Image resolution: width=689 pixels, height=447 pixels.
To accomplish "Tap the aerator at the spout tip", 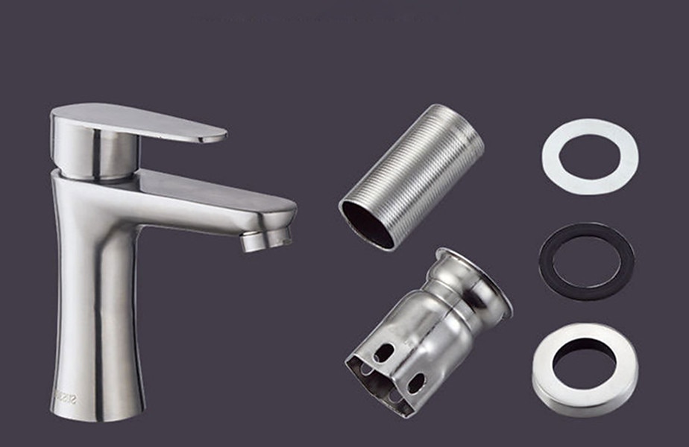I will pos(266,240).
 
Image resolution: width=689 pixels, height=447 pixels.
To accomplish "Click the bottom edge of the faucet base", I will pos(97,417).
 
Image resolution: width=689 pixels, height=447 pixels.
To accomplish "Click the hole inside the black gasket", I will pos(587,261).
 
